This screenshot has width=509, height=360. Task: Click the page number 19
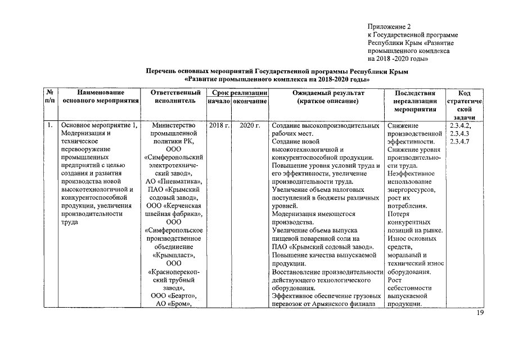pyautogui.click(x=480, y=313)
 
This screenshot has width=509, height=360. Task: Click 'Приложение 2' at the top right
pyautogui.click(x=390, y=26)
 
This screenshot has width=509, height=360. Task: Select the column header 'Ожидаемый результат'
pyautogui.click(x=328, y=92)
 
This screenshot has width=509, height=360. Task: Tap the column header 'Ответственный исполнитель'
pyautogui.click(x=177, y=96)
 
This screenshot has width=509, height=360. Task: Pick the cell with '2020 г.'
pyautogui.click(x=250, y=125)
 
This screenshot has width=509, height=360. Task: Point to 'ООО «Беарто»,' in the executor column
pyautogui.click(x=177, y=296)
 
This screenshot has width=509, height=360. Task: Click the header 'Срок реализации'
pyautogui.click(x=236, y=92)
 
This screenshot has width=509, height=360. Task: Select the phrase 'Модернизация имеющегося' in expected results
pyautogui.click(x=313, y=214)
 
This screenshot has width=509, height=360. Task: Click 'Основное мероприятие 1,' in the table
pyautogui.click(x=99, y=125)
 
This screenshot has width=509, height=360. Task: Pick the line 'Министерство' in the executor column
pyautogui.click(x=177, y=125)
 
